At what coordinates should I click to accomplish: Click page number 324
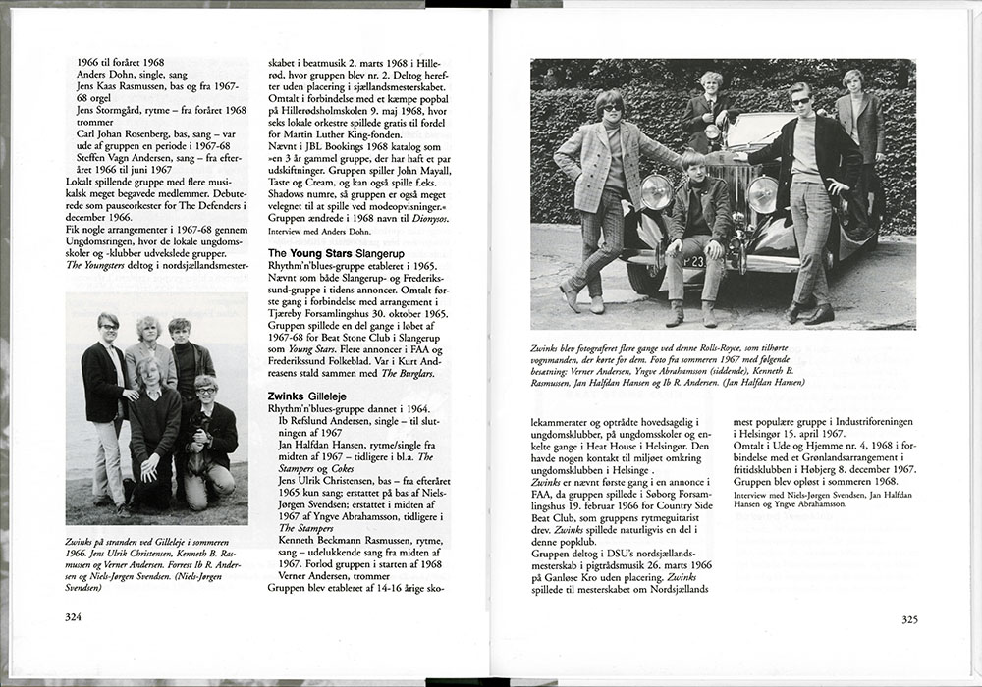click(74, 617)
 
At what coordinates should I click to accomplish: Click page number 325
click(908, 618)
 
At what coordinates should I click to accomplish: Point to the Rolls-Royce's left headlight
click(656, 191)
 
